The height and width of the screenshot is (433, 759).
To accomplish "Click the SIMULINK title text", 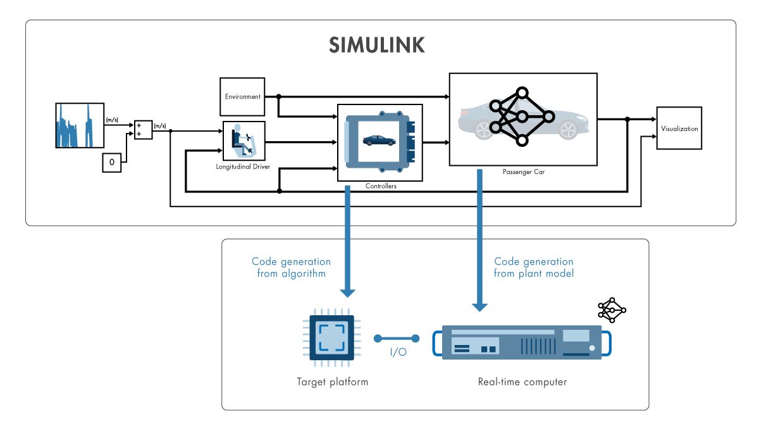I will (x=377, y=46).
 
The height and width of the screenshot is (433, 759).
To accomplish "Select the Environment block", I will (x=242, y=97).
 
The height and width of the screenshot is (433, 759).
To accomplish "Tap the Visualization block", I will (x=679, y=128).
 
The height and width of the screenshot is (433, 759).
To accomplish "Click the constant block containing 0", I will (x=111, y=163).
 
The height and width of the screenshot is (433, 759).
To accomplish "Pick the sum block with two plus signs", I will (x=143, y=129).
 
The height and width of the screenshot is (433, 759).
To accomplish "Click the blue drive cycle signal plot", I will (x=79, y=125).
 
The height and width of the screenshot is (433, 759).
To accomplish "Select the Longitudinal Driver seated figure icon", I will (x=243, y=141).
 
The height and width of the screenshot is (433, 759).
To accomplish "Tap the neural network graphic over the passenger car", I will (x=522, y=117).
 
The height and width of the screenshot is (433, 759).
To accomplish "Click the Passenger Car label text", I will (x=522, y=172).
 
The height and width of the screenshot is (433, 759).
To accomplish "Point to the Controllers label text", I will (x=381, y=186).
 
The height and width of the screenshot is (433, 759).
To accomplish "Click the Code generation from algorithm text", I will (x=291, y=267).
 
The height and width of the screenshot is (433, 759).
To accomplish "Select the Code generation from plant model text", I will (x=534, y=267).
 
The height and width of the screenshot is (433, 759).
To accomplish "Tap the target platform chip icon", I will (x=331, y=342).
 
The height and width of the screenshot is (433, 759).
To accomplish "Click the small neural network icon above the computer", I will (x=612, y=310).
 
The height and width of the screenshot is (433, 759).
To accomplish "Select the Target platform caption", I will (x=332, y=382).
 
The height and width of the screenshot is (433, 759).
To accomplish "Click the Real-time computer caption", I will (x=522, y=382).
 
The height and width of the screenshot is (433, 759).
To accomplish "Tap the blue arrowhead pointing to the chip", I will (x=347, y=292).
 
